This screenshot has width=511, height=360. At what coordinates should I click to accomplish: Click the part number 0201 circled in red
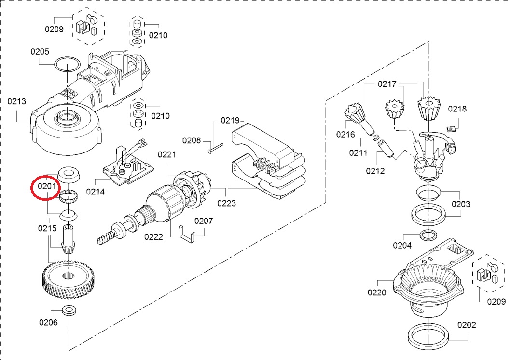[x=47, y=186]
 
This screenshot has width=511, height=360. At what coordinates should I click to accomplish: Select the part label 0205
[x=40, y=52]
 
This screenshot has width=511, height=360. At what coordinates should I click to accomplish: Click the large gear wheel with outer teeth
[x=69, y=279]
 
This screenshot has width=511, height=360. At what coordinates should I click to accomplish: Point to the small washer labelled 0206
[x=69, y=310]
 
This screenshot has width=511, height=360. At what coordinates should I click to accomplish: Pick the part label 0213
[x=16, y=101]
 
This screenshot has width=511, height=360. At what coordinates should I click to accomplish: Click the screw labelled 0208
[x=215, y=148]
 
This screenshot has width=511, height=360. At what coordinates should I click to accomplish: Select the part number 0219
[x=230, y=121]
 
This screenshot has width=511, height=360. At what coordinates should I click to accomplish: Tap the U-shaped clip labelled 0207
[x=186, y=234]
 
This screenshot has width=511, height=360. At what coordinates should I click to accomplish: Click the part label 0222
[x=153, y=237]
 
